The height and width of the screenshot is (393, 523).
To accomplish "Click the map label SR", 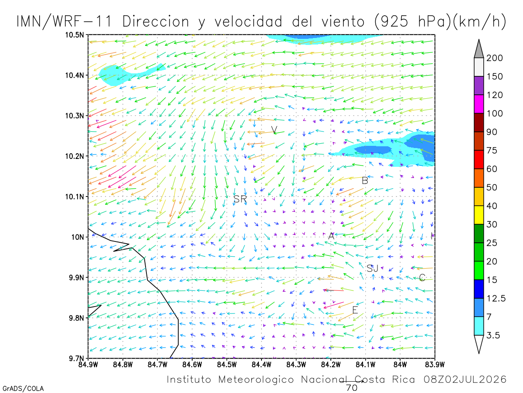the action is (240, 199).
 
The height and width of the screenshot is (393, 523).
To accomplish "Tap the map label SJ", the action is (372, 269).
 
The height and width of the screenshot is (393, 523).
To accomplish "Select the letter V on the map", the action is (274, 129).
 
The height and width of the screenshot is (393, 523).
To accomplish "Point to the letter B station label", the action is (365, 181).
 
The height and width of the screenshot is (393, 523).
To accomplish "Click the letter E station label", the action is (355, 310).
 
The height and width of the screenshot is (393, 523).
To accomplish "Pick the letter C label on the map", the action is (422, 278).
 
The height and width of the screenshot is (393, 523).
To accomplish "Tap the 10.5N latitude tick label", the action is (75, 35).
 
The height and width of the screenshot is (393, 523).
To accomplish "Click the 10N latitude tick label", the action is (78, 237).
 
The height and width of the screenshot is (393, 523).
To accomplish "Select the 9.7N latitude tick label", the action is (76, 359).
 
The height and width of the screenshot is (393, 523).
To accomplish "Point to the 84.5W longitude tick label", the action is (227, 365).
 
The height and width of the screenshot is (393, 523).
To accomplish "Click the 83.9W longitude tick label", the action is (435, 365).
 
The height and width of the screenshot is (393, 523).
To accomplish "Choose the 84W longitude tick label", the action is (400, 365).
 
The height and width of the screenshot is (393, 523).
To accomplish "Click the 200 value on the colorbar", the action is (494, 58).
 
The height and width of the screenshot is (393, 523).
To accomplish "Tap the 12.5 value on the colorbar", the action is (496, 298).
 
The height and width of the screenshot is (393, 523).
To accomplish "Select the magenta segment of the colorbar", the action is (479, 104).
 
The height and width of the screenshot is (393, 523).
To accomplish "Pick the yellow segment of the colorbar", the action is (479, 215).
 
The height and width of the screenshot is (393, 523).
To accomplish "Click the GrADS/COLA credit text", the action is (23, 389).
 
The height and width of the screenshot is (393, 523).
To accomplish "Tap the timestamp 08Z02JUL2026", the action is (465, 379).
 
